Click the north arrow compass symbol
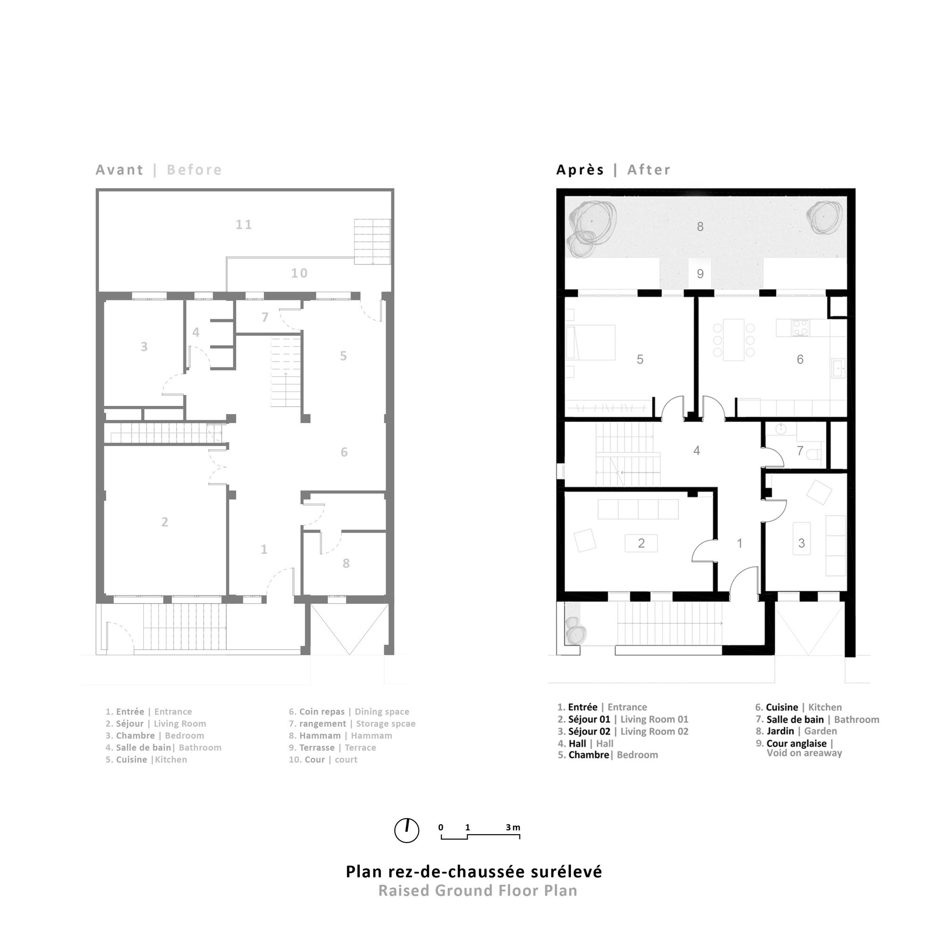406,830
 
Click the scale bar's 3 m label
513,827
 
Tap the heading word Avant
120,170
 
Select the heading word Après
580,170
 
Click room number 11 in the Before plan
244,224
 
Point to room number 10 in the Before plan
299,273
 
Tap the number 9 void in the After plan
700,274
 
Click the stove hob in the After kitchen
801,328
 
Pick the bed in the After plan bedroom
591,343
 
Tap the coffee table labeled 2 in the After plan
641,543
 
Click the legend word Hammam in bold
320,736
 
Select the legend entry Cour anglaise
796,744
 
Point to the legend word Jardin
780,731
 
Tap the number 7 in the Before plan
265,317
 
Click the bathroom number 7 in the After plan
800,450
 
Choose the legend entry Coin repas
322,711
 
